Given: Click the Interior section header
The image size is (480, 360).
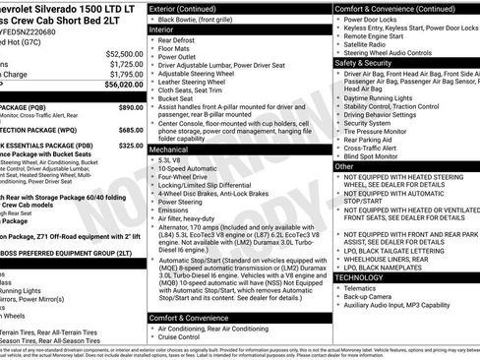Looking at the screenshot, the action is click(x=162, y=30).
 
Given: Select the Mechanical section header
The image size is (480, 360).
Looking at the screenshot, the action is click(x=169, y=149).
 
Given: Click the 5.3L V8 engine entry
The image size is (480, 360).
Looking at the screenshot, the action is click(x=171, y=159).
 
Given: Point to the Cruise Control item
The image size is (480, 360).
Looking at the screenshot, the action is click(x=186, y=338).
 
